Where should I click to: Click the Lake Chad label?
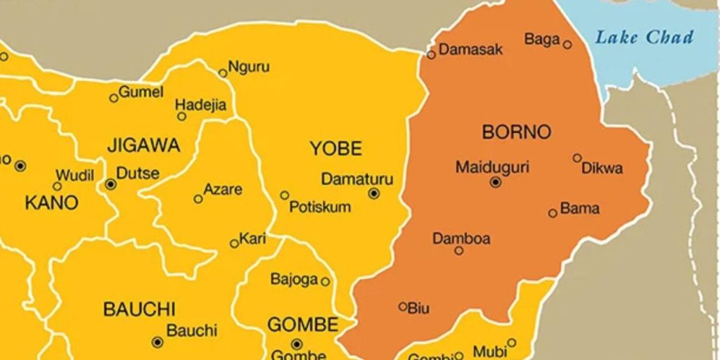point(644,37)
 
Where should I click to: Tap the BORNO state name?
point(517,131)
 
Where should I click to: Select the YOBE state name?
point(336,148)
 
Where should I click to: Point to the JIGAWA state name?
point(143,146)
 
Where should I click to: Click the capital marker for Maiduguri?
point(496,182)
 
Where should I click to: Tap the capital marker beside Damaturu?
point(374,193)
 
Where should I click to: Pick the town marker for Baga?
point(567,45)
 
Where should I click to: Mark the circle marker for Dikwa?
point(577,158)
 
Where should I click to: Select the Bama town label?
point(580,208)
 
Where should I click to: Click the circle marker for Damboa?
point(459,250)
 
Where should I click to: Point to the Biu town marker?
point(403,307)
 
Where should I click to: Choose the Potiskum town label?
point(320,207)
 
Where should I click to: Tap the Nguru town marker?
point(223,72)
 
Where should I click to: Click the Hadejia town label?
point(201,105)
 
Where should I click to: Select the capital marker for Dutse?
point(110,184)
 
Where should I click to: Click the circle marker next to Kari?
point(234,244)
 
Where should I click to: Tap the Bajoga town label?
point(295,280)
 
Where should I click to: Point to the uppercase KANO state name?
point(51,203)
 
